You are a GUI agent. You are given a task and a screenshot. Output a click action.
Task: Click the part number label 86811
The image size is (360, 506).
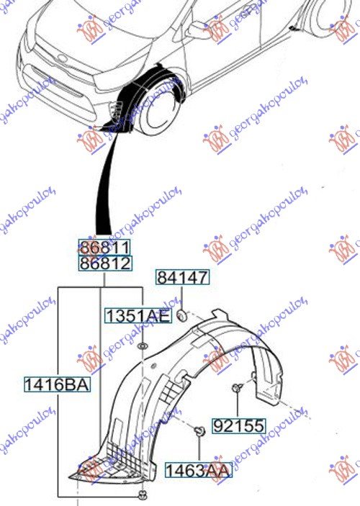pyautogui.click(x=104, y=248)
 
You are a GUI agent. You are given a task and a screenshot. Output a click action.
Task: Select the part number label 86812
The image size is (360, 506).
pyautogui.click(x=105, y=263)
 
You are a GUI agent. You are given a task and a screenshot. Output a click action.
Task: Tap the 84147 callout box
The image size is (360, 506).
pyautogui.click(x=182, y=277)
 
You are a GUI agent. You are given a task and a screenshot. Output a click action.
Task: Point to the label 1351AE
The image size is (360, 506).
pyautogui.click(x=138, y=315)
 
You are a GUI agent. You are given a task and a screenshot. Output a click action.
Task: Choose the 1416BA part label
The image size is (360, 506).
pyautogui.click(x=57, y=384)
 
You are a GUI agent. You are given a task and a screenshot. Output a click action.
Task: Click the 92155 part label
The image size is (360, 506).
pyautogui.click(x=239, y=425)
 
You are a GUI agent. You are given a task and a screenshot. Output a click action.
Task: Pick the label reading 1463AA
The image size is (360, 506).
pyautogui.click(x=198, y=470)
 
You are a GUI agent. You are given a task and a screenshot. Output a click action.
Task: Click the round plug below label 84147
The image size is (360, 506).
pyautogui.click(x=182, y=315)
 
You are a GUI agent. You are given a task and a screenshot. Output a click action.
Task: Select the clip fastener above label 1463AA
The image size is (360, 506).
pyautogui.click(x=199, y=431)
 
